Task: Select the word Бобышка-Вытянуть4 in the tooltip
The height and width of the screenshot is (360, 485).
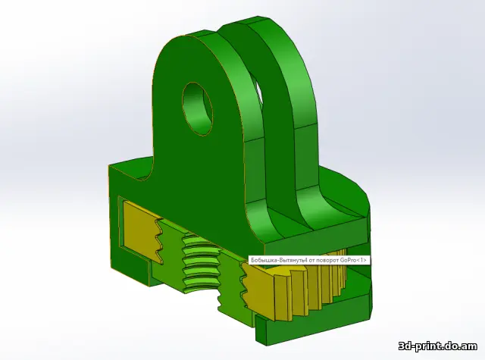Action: click(x=274, y=260)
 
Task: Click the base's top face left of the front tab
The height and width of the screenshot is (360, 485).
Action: click(x=133, y=168)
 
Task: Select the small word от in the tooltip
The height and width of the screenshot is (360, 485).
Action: click(x=304, y=260)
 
